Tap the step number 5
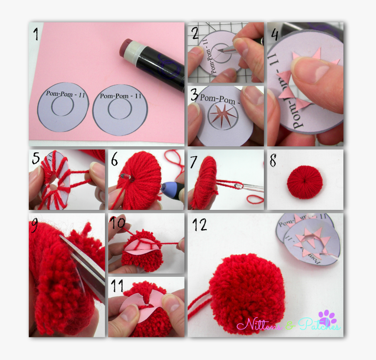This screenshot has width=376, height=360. [35, 158]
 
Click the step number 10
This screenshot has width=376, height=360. [119, 223]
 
